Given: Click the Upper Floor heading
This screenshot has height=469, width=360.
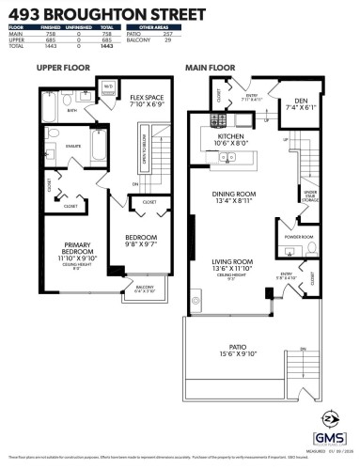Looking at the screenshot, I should [x=62, y=68].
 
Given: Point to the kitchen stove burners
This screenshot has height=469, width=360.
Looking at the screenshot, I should [x=218, y=121].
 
